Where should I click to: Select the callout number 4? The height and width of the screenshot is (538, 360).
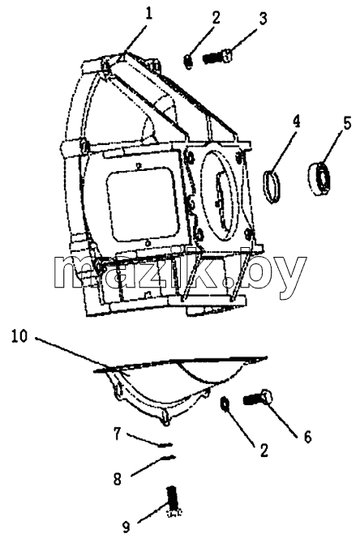tap(296, 122)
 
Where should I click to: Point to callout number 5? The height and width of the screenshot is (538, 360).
tap(347, 124)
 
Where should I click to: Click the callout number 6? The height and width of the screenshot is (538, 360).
tap(307, 436)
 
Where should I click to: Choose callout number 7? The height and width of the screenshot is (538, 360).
tap(118, 434)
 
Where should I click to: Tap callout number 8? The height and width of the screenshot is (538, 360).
tap(118, 479)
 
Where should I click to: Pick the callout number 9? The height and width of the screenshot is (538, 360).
tap(126, 527)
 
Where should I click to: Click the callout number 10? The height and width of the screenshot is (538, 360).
tap(19, 336)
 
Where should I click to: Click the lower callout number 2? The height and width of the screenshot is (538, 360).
tap(264, 450)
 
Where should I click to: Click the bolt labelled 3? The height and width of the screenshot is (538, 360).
tap(216, 56)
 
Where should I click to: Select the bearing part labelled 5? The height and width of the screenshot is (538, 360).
tap(319, 178)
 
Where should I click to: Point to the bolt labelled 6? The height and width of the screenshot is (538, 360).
tap(259, 398)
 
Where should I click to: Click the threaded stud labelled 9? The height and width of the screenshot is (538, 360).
tap(174, 500)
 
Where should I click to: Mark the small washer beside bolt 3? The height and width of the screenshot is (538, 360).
tap(188, 62)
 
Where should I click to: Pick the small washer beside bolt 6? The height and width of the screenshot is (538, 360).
tap(225, 403)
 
